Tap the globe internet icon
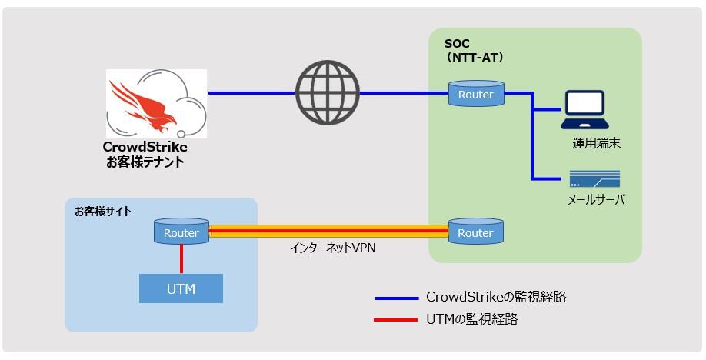coord(328,93)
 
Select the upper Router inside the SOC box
coord(475,94)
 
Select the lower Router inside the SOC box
coord(475,232)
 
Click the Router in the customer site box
coord(181,232)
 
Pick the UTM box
coord(181,289)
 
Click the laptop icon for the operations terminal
coord(584,110)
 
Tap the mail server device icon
coord(595,179)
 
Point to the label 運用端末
coord(596,143)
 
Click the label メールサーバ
coord(596,200)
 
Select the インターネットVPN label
coord(334,248)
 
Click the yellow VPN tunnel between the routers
coord(328,232)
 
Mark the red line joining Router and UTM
coord(181,258)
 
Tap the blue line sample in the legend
coord(395,298)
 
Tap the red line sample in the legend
coord(395,319)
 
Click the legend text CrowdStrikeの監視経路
coord(496,297)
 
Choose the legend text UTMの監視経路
coord(471,319)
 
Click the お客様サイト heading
coord(102,211)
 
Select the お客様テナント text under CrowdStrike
coord(145,162)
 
